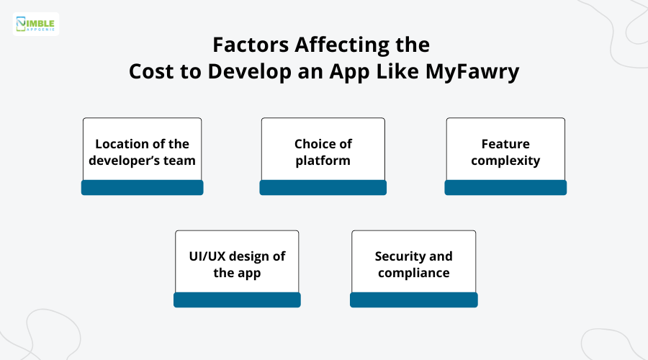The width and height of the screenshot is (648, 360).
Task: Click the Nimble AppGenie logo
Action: point(36,24)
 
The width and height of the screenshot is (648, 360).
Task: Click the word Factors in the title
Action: point(245,45)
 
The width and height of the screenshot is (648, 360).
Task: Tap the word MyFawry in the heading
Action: point(474,72)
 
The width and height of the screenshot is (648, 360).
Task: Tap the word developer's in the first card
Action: point(124,160)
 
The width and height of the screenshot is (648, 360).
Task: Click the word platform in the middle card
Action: point(323,160)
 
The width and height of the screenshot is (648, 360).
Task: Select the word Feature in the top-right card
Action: point(505,144)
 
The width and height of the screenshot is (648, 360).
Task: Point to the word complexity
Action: point(505,160)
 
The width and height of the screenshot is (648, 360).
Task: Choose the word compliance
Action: point(413,272)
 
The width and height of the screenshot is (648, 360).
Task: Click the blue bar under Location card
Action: point(142,188)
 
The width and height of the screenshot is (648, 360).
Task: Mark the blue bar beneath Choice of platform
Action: point(323,188)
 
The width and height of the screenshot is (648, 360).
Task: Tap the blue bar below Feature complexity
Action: point(505,188)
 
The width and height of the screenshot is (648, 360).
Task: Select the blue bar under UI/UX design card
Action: point(237,300)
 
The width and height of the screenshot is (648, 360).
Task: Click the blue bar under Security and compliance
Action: point(413,300)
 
